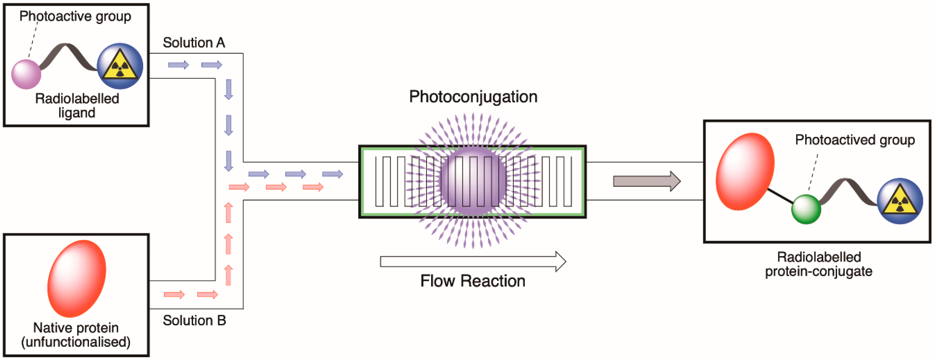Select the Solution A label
tap(194, 43)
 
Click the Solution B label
tap(194, 320)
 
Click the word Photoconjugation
tap(473, 97)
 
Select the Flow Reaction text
tap(472, 281)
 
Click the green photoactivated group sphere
tap(806, 209)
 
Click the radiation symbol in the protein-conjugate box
tap(900, 201)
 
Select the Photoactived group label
tap(855, 140)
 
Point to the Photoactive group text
tap(75, 16)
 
